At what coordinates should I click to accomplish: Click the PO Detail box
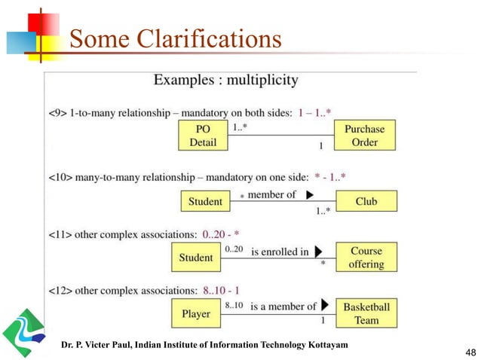click(x=202, y=136)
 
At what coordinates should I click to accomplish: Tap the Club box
click(x=366, y=201)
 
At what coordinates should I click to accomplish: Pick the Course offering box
click(x=366, y=257)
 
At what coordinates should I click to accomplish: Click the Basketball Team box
click(x=366, y=313)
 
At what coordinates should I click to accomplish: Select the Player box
click(x=196, y=313)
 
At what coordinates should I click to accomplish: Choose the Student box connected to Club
click(x=205, y=201)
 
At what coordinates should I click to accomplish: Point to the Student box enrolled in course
click(x=196, y=258)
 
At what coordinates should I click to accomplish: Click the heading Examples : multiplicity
click(x=226, y=80)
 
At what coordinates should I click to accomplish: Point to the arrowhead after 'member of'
click(x=310, y=196)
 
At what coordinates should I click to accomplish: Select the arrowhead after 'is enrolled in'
click(x=319, y=252)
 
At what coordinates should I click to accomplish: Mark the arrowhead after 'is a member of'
click(x=325, y=306)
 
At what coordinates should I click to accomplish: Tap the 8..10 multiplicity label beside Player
click(x=234, y=305)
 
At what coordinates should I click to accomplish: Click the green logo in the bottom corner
click(x=23, y=332)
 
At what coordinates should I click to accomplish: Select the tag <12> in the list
click(x=58, y=289)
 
